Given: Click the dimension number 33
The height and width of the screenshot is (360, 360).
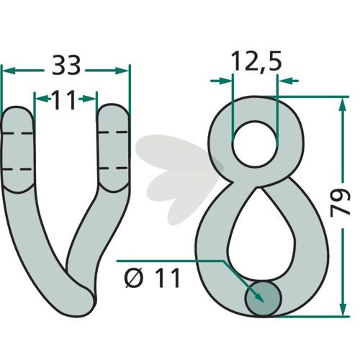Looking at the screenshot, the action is tap(66, 65).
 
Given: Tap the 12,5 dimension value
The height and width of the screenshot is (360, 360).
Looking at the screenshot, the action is tap(256, 61).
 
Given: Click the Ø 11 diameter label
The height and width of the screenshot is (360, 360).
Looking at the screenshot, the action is tap(153, 278).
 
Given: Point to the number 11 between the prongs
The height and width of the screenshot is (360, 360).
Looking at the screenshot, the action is tap(63, 100).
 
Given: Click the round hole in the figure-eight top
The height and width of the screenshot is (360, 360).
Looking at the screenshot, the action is tap(255, 144).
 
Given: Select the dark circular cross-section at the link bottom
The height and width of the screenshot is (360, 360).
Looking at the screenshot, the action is tap(263, 298).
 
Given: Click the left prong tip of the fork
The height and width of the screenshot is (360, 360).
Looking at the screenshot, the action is tap(17, 107).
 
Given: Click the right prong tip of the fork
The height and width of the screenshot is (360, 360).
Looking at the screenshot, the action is tap(113, 104).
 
